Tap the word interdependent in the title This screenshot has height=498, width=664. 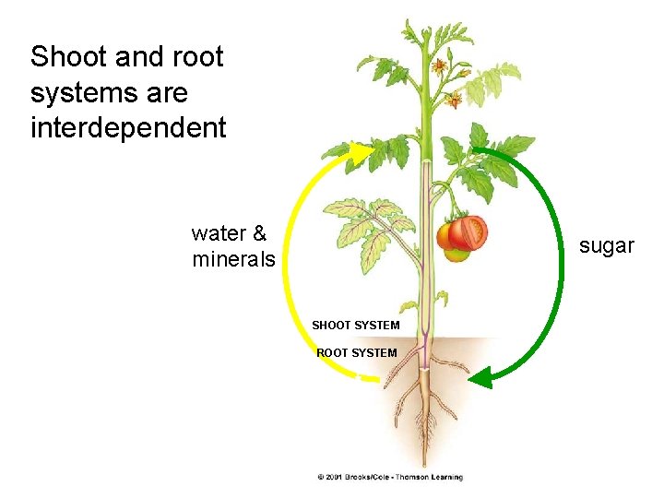[127, 127]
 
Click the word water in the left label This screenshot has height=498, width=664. [215, 234]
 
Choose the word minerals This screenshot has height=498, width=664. [233, 260]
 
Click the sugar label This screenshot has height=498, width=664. [606, 245]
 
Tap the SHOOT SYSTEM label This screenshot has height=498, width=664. [355, 325]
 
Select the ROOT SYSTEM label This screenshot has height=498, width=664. [356, 352]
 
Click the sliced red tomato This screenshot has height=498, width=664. [468, 232]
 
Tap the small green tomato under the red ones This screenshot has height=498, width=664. [456, 255]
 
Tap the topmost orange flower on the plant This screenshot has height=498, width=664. [439, 66]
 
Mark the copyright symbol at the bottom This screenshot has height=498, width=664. [320, 477]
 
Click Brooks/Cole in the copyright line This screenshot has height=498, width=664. [371, 477]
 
